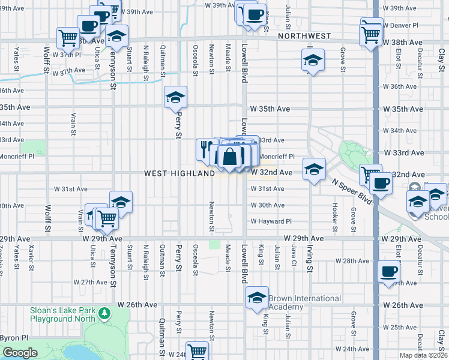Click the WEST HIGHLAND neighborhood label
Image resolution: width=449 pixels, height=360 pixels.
point(179,173)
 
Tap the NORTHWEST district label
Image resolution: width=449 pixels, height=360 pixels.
point(304,36)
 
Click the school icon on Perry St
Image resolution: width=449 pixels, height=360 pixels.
point(175,97)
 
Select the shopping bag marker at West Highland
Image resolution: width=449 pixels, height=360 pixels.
point(229,157)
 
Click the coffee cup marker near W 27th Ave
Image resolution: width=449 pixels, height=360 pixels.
point(388,271)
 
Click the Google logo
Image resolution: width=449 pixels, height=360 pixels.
point(20,353)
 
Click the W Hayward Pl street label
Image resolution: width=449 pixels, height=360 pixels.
point(271,221)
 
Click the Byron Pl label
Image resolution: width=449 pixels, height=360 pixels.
point(12,338)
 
